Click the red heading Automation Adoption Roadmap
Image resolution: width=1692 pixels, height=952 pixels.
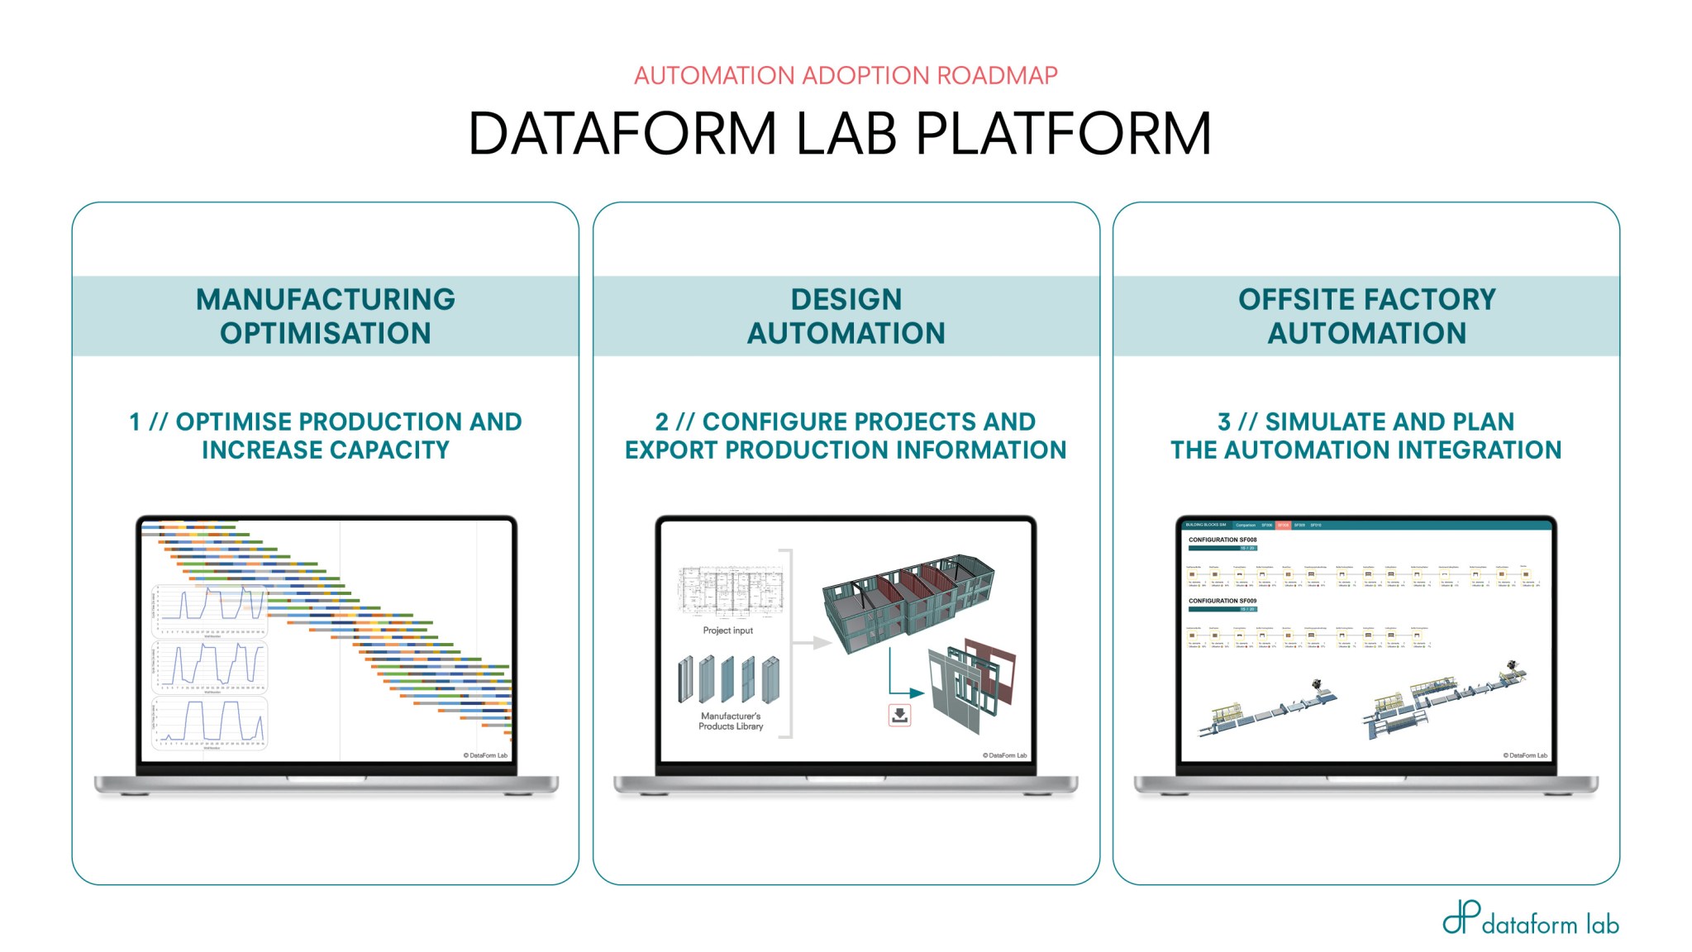pos(845,75)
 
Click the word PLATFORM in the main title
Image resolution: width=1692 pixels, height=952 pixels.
pos(1063,134)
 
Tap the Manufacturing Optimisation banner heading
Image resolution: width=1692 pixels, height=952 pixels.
pos(325,316)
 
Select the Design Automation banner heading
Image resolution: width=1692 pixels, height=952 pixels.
pos(846,316)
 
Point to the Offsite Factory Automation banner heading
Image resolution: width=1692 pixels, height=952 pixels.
pos(1366,316)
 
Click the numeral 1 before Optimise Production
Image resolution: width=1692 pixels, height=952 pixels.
pos(135,422)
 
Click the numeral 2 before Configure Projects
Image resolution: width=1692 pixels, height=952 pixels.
pos(661,422)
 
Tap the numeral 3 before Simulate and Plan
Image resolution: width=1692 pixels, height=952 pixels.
pos(1224,422)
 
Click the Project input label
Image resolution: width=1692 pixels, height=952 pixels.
pos(727,631)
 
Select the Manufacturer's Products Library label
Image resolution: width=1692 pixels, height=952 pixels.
pos(731,721)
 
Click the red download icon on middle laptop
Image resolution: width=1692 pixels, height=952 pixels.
pos(899,715)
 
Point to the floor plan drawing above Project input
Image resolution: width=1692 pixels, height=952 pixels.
pos(730,592)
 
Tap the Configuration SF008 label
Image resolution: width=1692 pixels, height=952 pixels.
pos(1223,540)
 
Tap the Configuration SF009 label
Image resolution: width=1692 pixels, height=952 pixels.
pos(1223,601)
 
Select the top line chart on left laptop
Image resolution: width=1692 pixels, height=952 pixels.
pos(210,610)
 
